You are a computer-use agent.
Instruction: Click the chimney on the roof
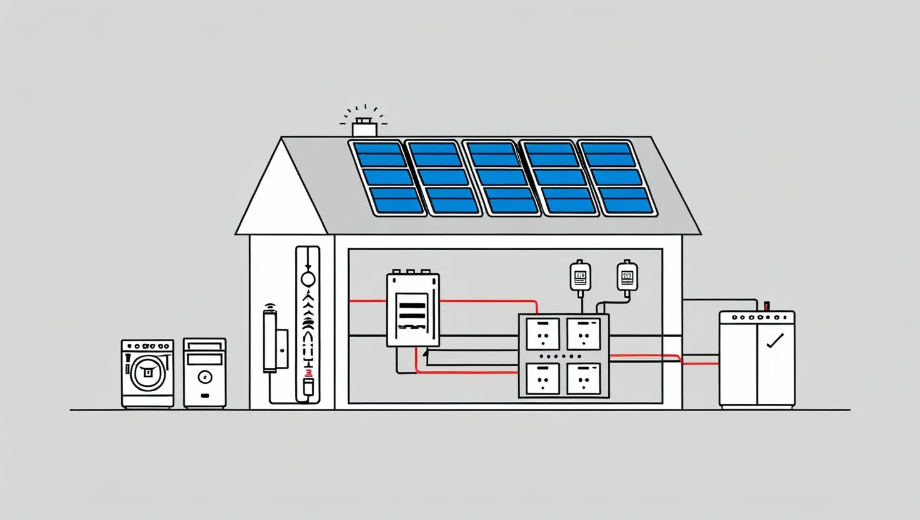[x=364, y=129]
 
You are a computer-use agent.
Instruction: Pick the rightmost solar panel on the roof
[x=617, y=178]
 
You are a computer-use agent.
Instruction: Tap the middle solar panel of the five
[x=502, y=178]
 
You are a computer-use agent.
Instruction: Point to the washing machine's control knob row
[x=147, y=346]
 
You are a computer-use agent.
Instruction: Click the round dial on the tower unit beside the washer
[x=204, y=377]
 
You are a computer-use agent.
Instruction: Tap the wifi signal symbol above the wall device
[x=270, y=306]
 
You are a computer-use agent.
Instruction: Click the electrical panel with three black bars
[x=412, y=309]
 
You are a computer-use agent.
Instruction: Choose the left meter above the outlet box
[x=581, y=276]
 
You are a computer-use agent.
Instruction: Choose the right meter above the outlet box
[x=627, y=276]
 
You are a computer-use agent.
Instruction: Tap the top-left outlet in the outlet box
[x=542, y=334]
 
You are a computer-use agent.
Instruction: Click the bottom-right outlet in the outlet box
[x=584, y=379]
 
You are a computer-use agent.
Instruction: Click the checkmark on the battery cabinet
[x=775, y=341]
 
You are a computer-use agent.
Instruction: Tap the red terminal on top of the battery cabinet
[x=767, y=306]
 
